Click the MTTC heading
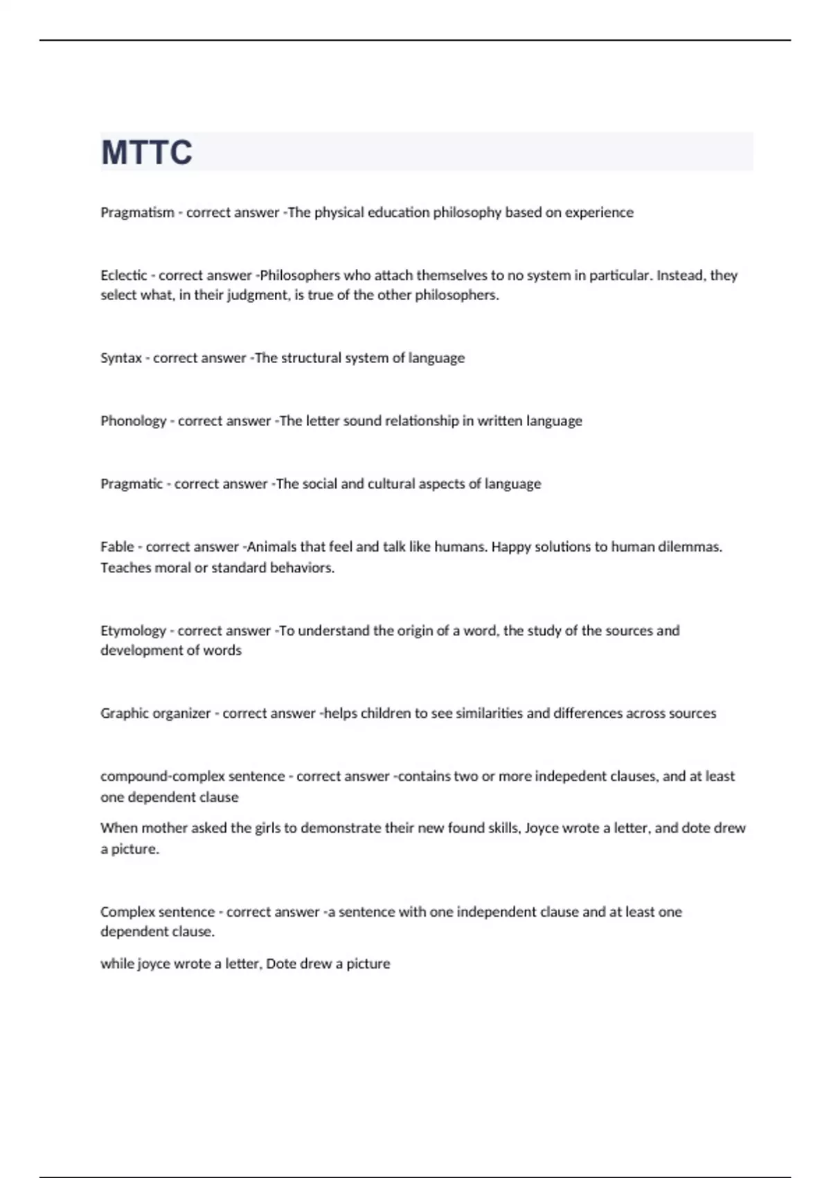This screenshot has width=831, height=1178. click(x=147, y=152)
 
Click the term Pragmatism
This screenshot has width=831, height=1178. click(x=137, y=213)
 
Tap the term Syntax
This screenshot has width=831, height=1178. click(x=121, y=358)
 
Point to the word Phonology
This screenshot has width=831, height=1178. click(x=133, y=421)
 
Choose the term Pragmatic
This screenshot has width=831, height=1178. click(x=132, y=484)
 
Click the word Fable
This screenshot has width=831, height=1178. click(x=117, y=547)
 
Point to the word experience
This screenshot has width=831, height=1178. click(x=599, y=213)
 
